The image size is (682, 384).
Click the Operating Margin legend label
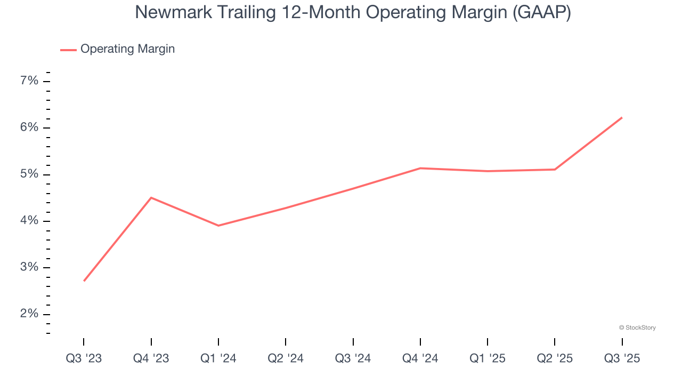point(127,49)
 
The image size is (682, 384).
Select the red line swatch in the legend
point(68,50)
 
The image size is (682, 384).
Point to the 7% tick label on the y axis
point(29,81)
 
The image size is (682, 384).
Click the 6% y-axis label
point(29,127)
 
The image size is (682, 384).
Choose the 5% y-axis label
point(29,174)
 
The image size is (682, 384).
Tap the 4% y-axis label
point(29,221)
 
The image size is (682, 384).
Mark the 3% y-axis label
point(29,267)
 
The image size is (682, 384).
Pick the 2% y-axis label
point(29,314)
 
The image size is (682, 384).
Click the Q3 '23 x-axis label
point(84,358)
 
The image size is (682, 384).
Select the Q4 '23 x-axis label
point(151,358)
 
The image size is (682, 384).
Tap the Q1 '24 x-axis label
point(218,358)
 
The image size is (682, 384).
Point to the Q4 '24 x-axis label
point(420,358)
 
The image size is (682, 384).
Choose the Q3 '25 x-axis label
point(622,358)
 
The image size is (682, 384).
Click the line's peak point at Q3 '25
point(622,117)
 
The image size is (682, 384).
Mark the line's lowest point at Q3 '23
point(84,281)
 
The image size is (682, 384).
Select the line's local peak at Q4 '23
point(151,198)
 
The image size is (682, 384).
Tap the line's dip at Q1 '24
point(218,226)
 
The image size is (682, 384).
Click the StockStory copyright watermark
point(637,327)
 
